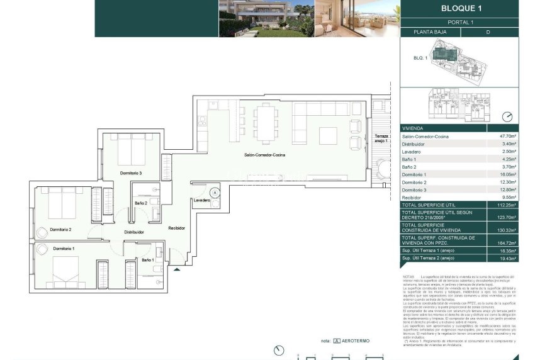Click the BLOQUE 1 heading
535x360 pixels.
pos(461,8)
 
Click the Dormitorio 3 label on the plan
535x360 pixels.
pos(131,172)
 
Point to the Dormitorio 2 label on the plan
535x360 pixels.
pos(60,230)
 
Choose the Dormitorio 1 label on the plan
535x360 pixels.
pos(63,249)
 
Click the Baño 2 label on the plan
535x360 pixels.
pos(141,203)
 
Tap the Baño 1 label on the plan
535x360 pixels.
pos(147,259)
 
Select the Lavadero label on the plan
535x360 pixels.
pos(202,200)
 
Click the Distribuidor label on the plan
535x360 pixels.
pos(134,232)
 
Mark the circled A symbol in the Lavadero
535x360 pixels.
pos(215,193)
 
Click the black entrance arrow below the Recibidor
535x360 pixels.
pos(177,269)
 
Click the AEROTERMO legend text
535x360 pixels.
pos(356,340)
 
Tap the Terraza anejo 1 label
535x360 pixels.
pos(382,138)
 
